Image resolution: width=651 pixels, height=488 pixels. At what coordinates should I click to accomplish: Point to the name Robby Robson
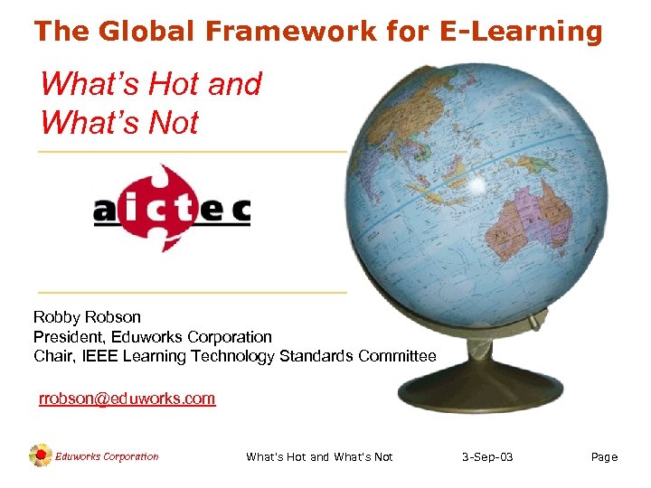click(x=87, y=317)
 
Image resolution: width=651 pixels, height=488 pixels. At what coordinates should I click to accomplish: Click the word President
click(x=69, y=336)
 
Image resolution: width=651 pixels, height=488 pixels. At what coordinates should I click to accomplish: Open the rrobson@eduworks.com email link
click(x=127, y=399)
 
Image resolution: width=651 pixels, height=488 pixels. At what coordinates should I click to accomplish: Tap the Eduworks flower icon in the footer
click(x=40, y=456)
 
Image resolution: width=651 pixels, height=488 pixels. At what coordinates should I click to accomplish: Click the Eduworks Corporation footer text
click(x=107, y=456)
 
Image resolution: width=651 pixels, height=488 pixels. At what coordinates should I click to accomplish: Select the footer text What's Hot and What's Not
click(x=319, y=457)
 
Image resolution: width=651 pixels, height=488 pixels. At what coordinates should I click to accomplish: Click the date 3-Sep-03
click(x=486, y=457)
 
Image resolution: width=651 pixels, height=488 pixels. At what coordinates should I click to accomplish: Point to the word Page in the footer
click(x=604, y=457)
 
